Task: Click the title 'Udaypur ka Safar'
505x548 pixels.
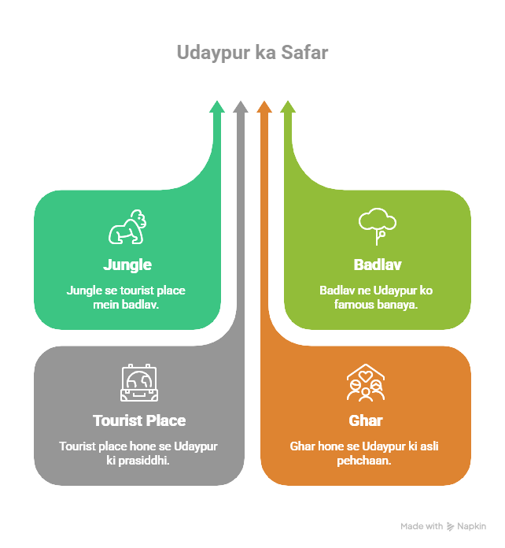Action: point(252,53)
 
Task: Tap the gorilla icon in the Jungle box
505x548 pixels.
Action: point(127,228)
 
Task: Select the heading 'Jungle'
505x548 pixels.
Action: point(127,265)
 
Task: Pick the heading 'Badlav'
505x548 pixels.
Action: point(377,265)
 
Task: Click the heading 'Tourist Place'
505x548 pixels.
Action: point(138,420)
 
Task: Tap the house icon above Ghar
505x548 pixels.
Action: point(365,382)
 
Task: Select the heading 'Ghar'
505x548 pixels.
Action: point(365,420)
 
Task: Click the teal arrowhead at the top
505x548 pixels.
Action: point(217,106)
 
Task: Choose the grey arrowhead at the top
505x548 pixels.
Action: point(241,106)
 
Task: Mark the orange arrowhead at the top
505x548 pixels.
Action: point(264,106)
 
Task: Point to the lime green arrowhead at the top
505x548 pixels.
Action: point(288,106)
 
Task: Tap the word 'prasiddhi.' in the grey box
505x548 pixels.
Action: point(147,460)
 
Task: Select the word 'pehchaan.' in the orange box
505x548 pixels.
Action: point(364,460)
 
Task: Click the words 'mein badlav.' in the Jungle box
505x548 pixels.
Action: point(126,304)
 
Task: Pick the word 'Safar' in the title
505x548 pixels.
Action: point(305,53)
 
